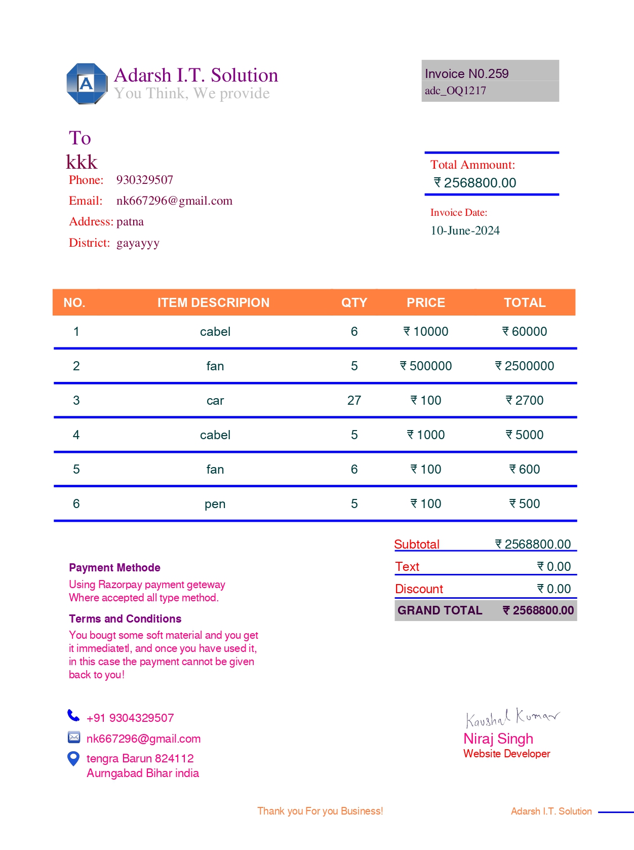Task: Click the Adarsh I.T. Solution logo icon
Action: point(87,84)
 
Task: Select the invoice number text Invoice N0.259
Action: point(466,74)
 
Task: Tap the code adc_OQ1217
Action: point(455,91)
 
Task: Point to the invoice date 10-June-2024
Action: point(465,230)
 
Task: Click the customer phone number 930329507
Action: point(144,180)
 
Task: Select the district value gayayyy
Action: point(138,243)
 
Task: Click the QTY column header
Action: point(354,302)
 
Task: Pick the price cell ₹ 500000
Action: point(426,366)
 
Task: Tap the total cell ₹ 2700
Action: point(525,400)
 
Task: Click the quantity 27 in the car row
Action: point(354,400)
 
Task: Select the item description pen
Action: point(215,504)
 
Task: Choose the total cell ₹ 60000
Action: point(525,331)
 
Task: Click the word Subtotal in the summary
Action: point(417,544)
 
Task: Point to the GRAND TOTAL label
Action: point(440,610)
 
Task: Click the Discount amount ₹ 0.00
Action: point(554,589)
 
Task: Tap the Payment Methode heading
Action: point(114,567)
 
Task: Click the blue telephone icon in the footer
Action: point(73,715)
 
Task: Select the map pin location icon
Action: point(73,758)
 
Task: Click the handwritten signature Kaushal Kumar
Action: point(512,717)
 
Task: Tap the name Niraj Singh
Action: point(498,739)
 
